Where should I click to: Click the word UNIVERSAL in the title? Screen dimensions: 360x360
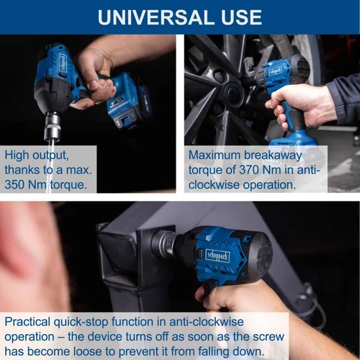(x=157, y=17)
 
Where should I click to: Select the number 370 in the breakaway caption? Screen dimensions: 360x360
(x=248, y=170)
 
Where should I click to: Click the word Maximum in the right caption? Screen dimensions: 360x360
(x=215, y=155)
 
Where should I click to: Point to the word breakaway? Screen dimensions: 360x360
(x=273, y=156)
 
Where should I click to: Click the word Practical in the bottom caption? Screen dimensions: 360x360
(x=27, y=322)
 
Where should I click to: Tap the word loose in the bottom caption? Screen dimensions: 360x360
(x=88, y=351)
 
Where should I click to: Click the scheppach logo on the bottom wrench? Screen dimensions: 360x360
(x=217, y=256)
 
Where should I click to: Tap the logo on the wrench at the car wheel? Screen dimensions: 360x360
(x=275, y=71)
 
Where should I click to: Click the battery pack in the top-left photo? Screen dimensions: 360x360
(x=129, y=101)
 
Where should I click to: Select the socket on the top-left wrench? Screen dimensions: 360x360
(x=52, y=127)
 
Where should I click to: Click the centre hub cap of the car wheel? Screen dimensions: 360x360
(x=232, y=92)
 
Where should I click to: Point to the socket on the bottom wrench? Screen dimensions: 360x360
(x=163, y=243)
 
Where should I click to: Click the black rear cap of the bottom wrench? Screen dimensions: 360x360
(x=261, y=254)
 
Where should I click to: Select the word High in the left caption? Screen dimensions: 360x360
(x=17, y=156)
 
